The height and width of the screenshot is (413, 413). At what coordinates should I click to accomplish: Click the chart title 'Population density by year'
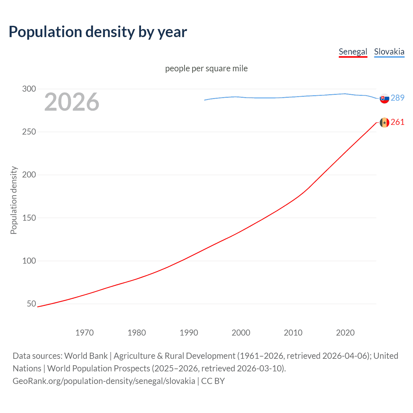coord(98,32)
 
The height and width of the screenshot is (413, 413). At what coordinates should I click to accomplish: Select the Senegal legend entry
coord(353,52)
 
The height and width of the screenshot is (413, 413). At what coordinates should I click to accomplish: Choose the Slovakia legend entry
coord(389,52)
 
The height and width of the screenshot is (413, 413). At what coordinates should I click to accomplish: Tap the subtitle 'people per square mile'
coord(206,68)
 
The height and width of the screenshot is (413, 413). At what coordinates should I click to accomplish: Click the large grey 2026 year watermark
coord(72,102)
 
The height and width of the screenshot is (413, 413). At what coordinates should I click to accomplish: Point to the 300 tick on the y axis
coord(29,89)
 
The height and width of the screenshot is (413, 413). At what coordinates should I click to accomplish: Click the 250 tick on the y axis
coord(29,132)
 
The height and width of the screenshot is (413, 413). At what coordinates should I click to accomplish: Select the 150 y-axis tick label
coord(29,218)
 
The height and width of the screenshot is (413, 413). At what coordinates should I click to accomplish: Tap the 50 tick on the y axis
coord(31,304)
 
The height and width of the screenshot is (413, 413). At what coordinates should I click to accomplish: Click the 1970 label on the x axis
coord(85,333)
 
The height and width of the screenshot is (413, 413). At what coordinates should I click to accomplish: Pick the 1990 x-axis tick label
coord(189,333)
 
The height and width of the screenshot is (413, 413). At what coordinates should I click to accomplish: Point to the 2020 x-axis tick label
coord(345,333)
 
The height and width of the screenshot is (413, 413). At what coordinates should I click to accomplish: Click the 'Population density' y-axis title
coord(14,200)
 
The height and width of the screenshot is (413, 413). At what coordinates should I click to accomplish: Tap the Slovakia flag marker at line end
coord(384,98)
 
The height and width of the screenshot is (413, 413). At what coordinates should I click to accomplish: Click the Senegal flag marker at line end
coord(384,123)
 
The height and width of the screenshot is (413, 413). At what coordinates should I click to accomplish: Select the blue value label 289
coord(398,98)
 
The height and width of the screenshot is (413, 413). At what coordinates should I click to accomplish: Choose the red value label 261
coord(398,122)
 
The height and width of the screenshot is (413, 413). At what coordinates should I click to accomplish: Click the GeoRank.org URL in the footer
coord(104,381)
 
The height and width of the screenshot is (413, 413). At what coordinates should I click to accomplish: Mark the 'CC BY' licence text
coord(213,381)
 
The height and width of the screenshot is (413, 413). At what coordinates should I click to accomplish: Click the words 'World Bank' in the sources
coord(86,356)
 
